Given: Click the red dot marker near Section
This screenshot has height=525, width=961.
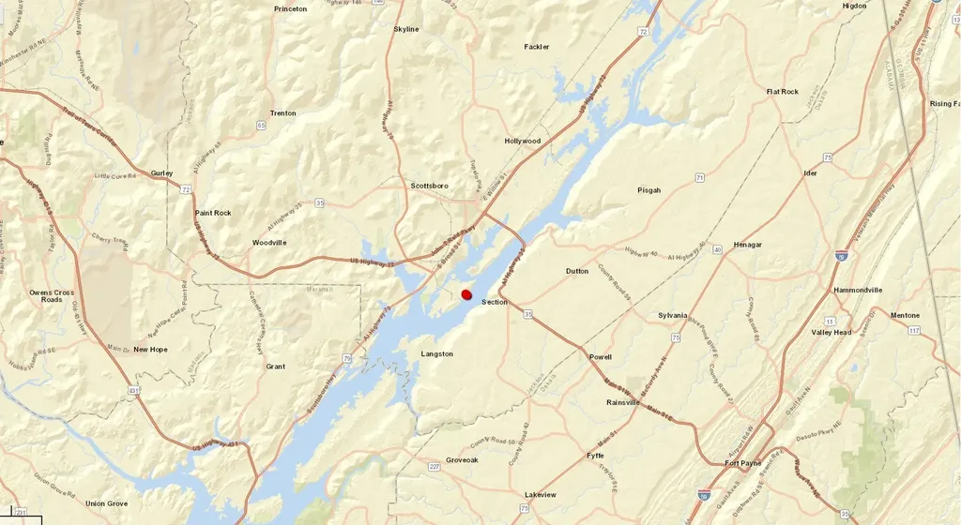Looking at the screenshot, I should click(466, 294).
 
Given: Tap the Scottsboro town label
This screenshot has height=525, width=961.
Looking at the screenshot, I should click(432, 186).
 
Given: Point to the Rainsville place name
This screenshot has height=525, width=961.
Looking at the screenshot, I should click(623, 402).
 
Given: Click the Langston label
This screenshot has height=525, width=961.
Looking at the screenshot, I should click(437, 353).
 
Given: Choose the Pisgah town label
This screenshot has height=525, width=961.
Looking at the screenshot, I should click(649, 190).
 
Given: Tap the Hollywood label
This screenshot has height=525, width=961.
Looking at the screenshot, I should click(523, 142).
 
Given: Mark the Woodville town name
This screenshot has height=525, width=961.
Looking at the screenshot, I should click(269, 243).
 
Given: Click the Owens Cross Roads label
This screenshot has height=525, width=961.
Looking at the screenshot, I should click(52, 295).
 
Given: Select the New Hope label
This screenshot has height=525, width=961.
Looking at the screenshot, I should click(150, 350).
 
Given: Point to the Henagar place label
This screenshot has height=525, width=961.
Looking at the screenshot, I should click(748, 245).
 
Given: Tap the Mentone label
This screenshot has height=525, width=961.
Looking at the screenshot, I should click(905, 315).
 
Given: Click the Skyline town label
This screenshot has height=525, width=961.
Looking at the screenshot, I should click(406, 29).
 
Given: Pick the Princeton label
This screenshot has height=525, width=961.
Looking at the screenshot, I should click(291, 9).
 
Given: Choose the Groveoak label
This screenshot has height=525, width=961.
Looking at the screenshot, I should click(462, 459).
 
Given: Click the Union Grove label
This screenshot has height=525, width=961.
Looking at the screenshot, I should click(107, 503).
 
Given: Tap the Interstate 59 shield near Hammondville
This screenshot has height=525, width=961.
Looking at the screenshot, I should click(841, 255).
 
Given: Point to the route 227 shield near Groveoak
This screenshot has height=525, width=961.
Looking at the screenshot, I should click(434, 466).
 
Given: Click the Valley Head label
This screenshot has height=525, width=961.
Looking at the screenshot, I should click(831, 332).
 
